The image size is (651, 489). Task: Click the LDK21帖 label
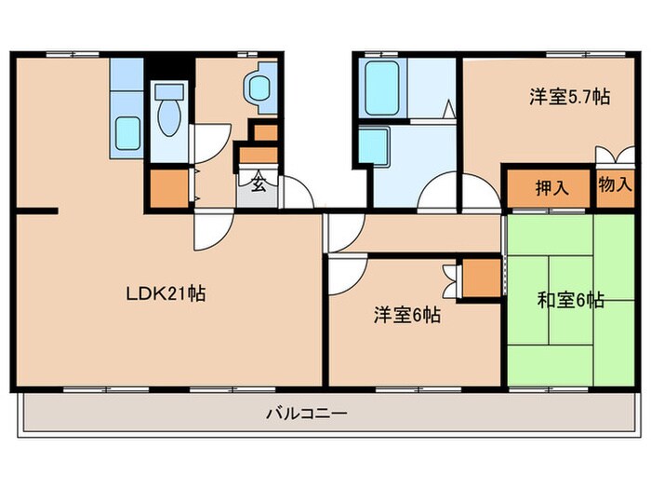[x=166, y=294]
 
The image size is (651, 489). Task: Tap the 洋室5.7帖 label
[x=570, y=97]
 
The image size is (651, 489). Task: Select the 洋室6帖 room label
[x=407, y=315]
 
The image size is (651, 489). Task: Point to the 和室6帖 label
[x=571, y=300]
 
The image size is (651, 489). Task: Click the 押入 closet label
[x=549, y=188]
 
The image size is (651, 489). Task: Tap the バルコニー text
[x=306, y=413]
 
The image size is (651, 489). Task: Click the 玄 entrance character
[x=259, y=183]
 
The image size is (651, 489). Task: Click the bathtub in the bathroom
[x=381, y=88]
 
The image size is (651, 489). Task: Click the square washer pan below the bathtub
[x=373, y=146]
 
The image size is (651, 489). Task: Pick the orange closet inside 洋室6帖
[x=482, y=278]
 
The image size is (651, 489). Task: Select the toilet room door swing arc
[x=206, y=142]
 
